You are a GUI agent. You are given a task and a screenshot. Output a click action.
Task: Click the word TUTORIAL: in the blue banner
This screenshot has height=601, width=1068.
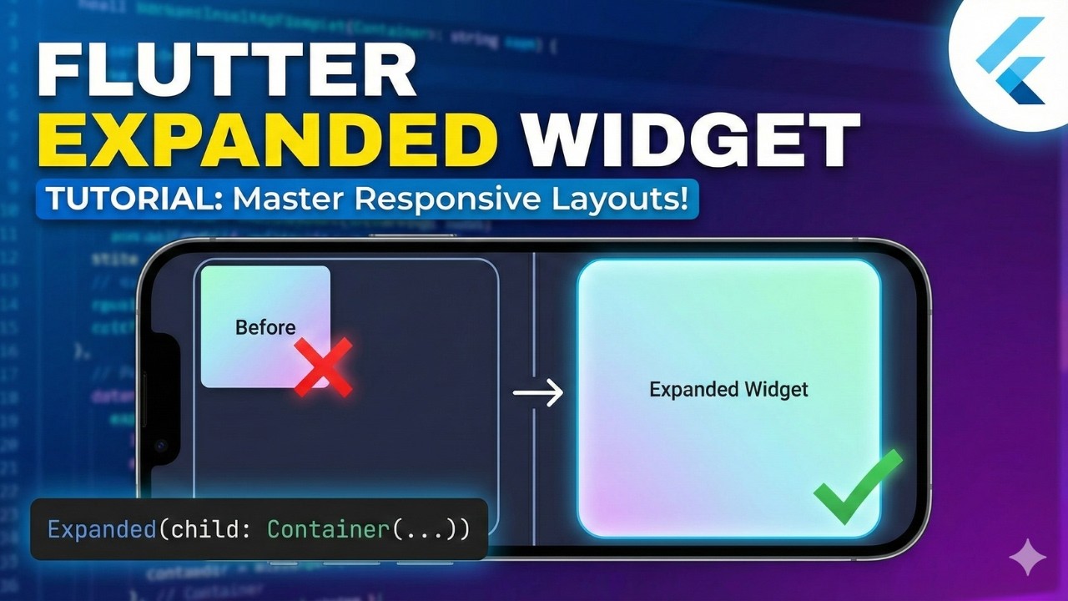pyautogui.click(x=130, y=201)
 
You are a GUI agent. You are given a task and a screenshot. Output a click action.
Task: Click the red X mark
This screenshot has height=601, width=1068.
pyautogui.click(x=324, y=366)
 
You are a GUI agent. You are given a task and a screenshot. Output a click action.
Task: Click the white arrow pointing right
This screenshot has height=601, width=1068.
pyautogui.click(x=538, y=392)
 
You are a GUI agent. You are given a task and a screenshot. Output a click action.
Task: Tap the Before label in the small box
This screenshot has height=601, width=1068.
pyautogui.click(x=265, y=327)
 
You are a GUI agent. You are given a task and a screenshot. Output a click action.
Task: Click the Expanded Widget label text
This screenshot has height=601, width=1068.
pyautogui.click(x=728, y=389)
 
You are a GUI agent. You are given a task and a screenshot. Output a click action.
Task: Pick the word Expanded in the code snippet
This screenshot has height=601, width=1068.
pyautogui.click(x=101, y=529)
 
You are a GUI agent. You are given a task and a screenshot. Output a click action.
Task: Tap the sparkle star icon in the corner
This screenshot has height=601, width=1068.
pyautogui.click(x=1027, y=557)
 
